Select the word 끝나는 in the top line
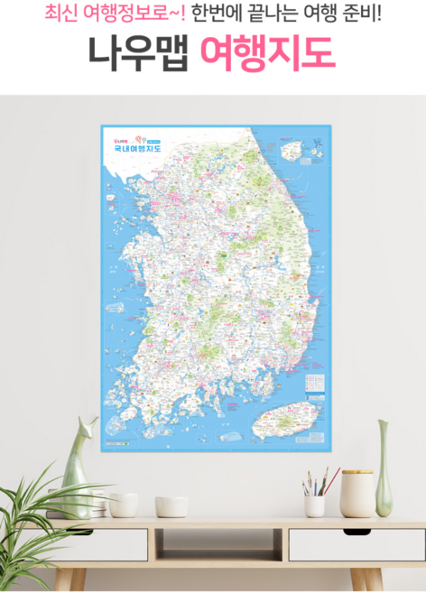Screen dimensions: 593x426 click(268, 14)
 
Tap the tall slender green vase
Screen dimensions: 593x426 click(384, 468)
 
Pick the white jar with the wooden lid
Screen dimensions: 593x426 click(357, 493)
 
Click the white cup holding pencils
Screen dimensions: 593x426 click(314, 505)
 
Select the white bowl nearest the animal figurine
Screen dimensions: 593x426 click(123, 504)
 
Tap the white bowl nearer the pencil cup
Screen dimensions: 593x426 click(171, 505)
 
